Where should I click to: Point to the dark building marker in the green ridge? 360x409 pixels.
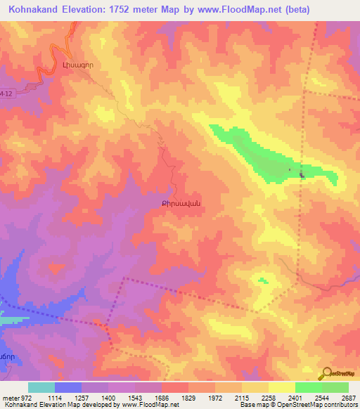point(302,175)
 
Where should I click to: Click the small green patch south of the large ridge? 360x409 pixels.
point(263,280)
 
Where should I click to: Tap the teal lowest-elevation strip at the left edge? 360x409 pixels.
point(8,320)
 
